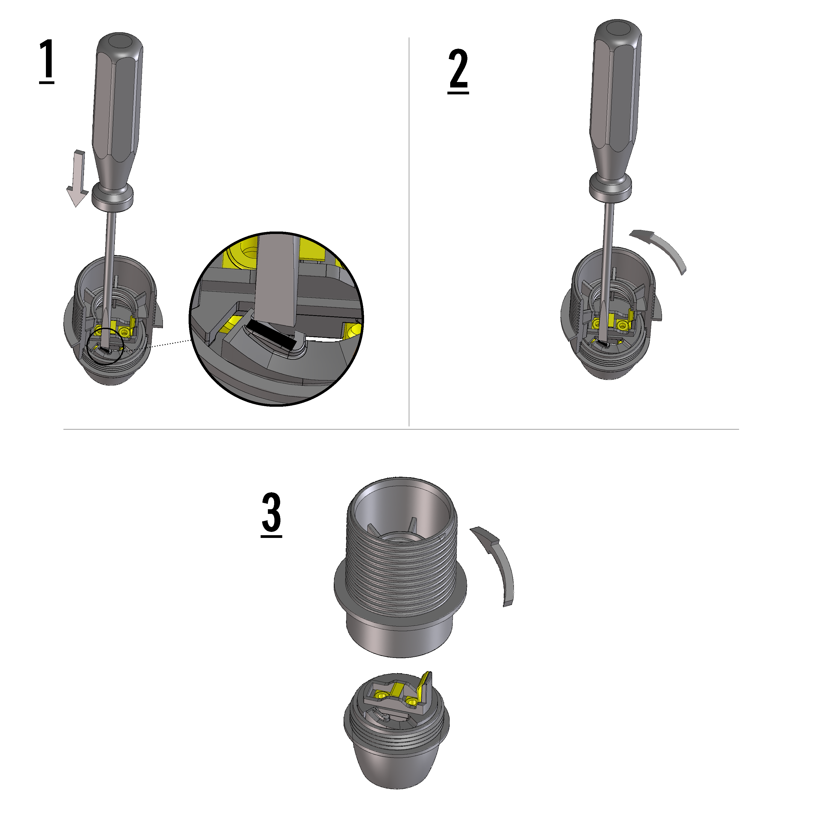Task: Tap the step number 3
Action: [x=271, y=514]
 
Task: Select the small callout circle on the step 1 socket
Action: [x=105, y=346]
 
